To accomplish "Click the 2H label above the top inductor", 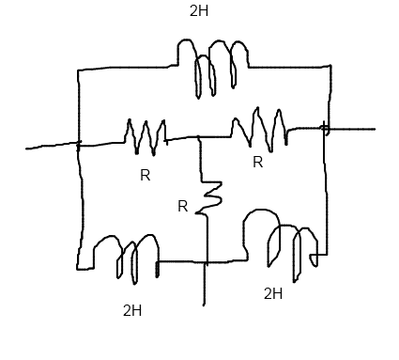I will point(199,11).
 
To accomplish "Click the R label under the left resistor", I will point(145,176).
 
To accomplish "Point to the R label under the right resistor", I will point(257,163).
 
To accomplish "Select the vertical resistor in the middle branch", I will point(209,195).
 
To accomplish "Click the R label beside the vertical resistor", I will point(182,207).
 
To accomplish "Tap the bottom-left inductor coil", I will point(126,256).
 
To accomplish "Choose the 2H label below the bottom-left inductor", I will point(132,311).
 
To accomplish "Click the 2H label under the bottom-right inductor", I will point(273,294).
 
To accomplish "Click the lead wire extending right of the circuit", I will point(352,129).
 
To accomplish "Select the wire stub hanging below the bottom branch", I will point(204,286).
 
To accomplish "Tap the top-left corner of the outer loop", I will point(79,70).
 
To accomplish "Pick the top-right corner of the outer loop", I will point(330,67).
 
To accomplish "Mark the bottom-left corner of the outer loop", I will point(79,268).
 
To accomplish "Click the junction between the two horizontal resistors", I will point(199,137).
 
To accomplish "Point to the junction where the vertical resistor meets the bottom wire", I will point(204,262).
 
